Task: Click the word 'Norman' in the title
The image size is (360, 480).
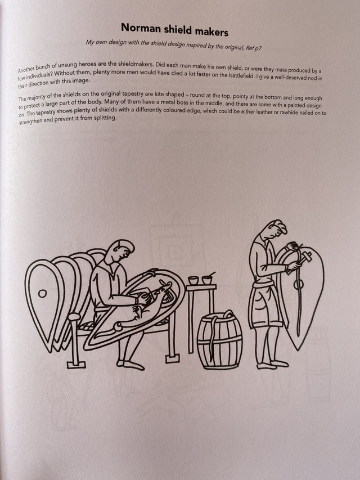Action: (x=141, y=28)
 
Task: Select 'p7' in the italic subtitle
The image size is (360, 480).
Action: (x=258, y=48)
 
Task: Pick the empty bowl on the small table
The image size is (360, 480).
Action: (x=193, y=280)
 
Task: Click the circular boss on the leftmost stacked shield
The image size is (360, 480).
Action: (x=42, y=294)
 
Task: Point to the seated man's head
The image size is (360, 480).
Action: (x=121, y=250)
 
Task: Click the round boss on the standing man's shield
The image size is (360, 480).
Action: (x=299, y=285)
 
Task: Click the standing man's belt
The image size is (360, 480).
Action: (x=263, y=285)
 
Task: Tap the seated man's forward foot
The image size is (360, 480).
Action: (x=134, y=366)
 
